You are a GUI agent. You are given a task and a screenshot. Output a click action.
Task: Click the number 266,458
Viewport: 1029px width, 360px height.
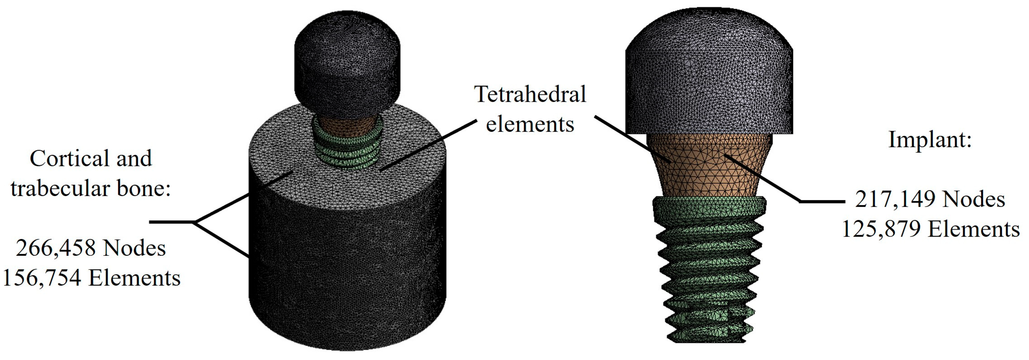point(55,248)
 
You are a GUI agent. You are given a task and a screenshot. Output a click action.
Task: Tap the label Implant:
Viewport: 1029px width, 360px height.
point(930,140)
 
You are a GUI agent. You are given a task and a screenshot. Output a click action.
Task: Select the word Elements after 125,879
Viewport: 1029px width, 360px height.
point(974,229)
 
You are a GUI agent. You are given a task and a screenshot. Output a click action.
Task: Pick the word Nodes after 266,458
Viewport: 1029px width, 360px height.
point(134,248)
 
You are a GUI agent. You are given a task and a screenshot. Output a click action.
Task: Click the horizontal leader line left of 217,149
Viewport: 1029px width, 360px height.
point(822,202)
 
